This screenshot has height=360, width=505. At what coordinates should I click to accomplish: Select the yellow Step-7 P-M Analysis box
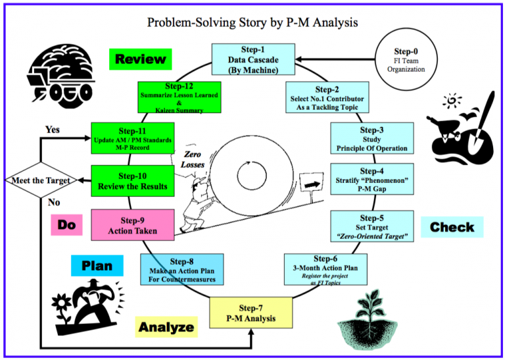(251, 313)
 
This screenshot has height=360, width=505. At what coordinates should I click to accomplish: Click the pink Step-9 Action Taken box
(133, 224)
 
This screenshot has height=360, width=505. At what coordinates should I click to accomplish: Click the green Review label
(140, 59)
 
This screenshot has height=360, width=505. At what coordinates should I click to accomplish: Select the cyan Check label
(451, 228)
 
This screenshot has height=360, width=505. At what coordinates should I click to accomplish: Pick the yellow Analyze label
(166, 326)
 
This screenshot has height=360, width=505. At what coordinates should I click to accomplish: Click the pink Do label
(67, 224)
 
